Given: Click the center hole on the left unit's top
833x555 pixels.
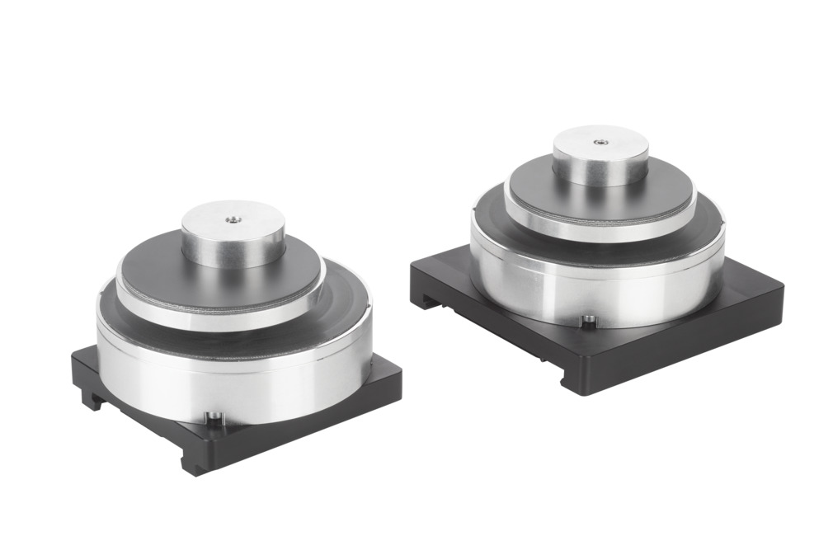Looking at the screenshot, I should tap(233, 219).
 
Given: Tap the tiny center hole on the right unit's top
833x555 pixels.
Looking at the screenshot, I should tap(599, 141).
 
